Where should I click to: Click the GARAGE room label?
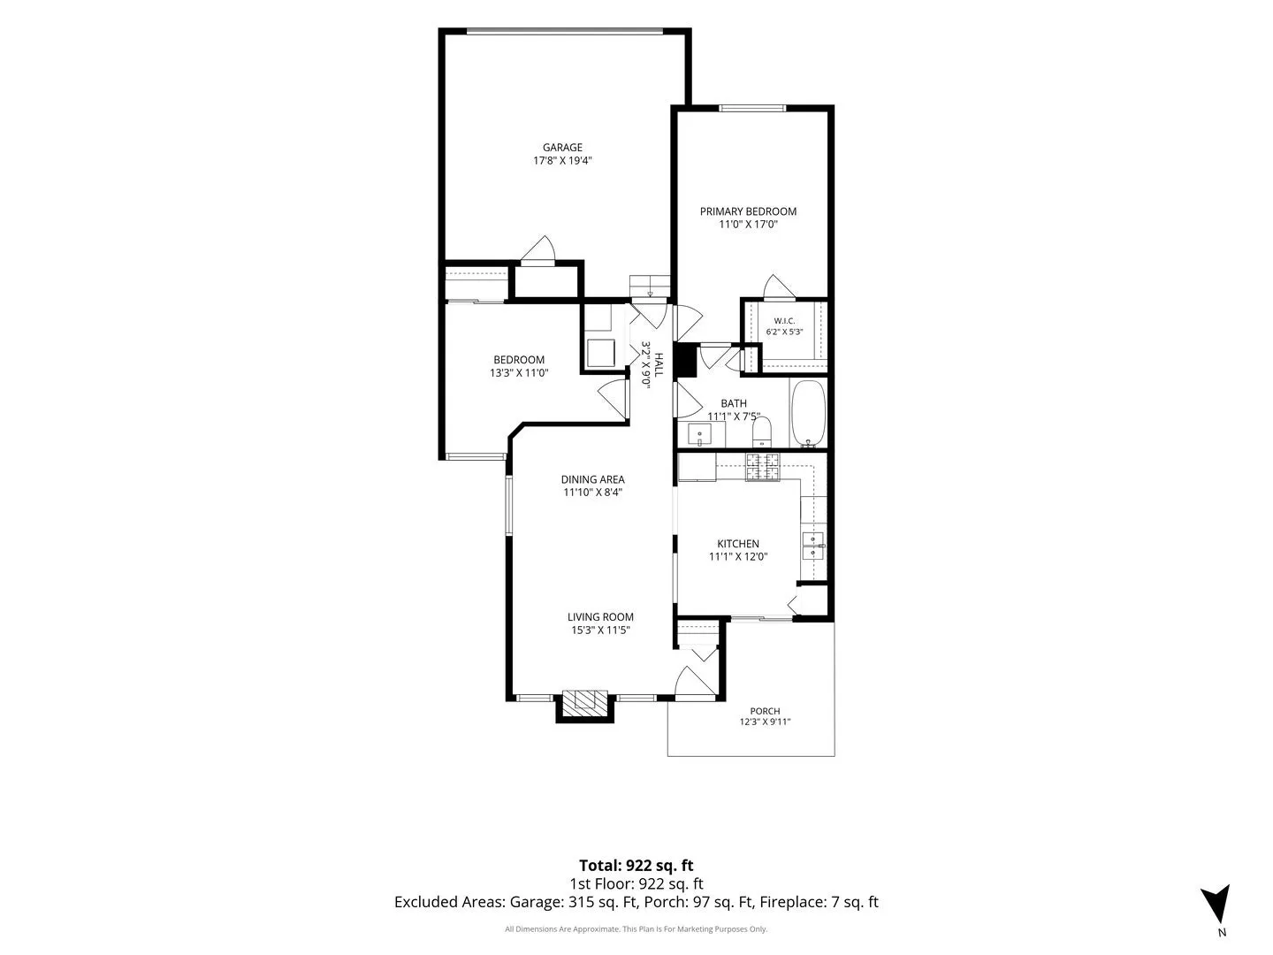pyautogui.click(x=562, y=148)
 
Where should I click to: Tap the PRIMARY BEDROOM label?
pyautogui.click(x=748, y=211)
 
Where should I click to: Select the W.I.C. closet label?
pyautogui.click(x=784, y=321)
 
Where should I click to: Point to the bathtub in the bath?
pyautogui.click(x=808, y=414)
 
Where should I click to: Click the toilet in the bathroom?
pyautogui.click(x=761, y=432)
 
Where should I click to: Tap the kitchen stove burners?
pyautogui.click(x=763, y=467)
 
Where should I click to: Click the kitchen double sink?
pyautogui.click(x=813, y=546)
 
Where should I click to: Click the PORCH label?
pyautogui.click(x=765, y=711)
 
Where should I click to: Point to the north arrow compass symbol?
pyautogui.click(x=1215, y=905)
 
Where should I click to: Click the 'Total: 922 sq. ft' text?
pyautogui.click(x=636, y=866)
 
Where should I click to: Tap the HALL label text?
pyautogui.click(x=659, y=364)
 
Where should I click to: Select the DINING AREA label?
pyautogui.click(x=592, y=479)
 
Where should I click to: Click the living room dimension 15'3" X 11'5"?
pyautogui.click(x=600, y=630)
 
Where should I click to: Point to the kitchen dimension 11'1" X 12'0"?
pyautogui.click(x=737, y=557)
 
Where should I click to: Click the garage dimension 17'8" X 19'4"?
pyautogui.click(x=562, y=161)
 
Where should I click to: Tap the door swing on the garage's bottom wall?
pyautogui.click(x=538, y=249)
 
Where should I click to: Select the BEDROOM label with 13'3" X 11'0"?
pyautogui.click(x=518, y=360)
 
